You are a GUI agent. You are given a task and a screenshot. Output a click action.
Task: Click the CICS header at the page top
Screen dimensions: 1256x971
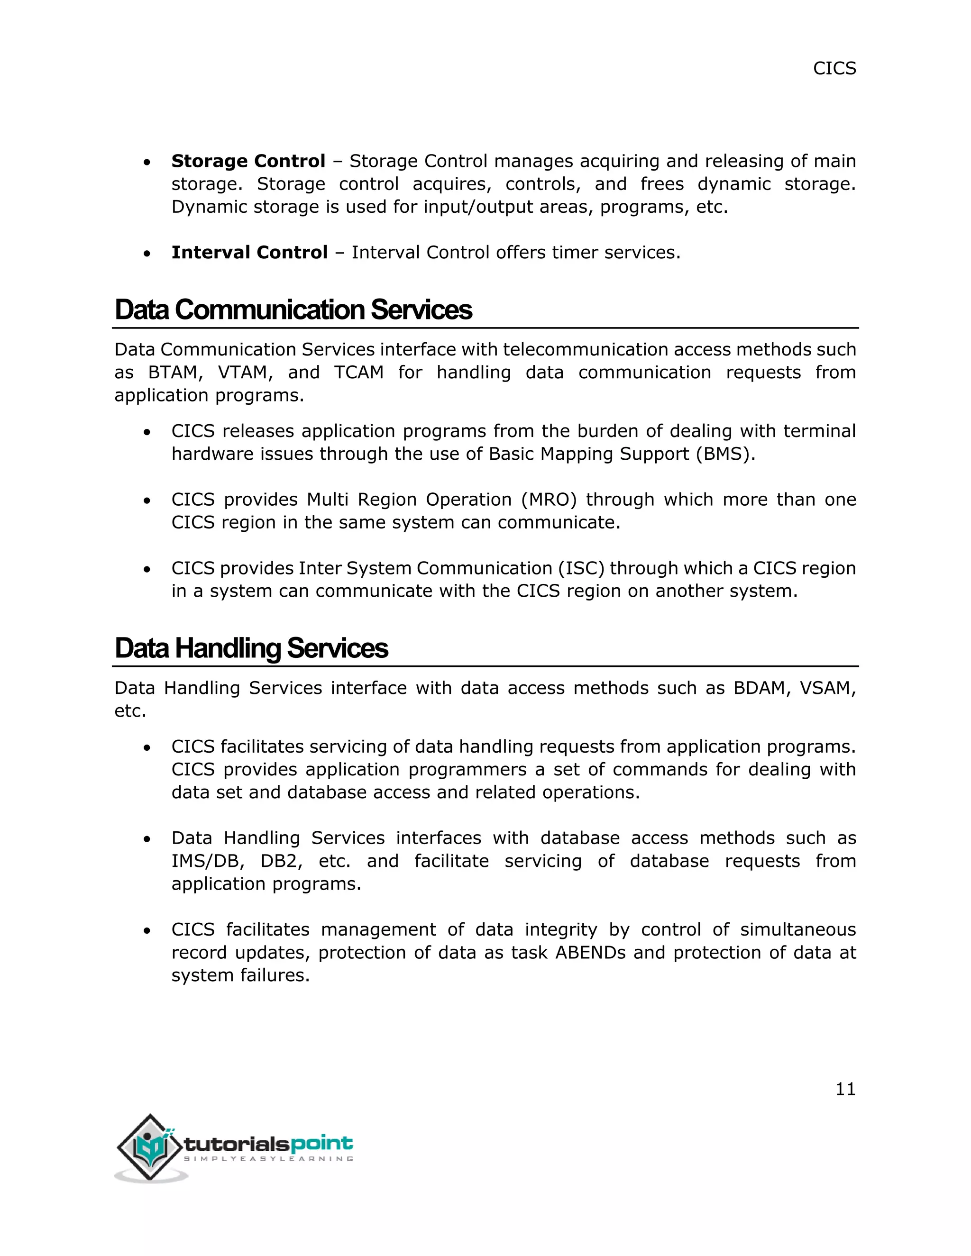(x=834, y=68)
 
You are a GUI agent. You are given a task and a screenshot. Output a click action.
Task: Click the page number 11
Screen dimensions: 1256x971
(x=845, y=1089)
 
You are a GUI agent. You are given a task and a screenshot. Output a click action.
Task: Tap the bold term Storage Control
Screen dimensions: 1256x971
(x=248, y=161)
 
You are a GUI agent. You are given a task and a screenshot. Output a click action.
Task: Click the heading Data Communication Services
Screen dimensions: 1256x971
(x=293, y=309)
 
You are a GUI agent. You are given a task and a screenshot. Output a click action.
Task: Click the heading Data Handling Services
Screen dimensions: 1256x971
(x=251, y=648)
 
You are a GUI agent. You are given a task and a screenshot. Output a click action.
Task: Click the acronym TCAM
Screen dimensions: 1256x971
(x=358, y=373)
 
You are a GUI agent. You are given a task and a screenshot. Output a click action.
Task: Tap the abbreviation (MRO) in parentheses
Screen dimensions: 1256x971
(x=548, y=500)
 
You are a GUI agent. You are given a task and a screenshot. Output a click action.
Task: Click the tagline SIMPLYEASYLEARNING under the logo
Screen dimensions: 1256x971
(x=268, y=1159)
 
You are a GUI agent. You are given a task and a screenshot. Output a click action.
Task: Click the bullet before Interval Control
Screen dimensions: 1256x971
(x=147, y=254)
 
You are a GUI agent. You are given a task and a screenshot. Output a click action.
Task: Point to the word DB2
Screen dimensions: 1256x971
(x=281, y=861)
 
